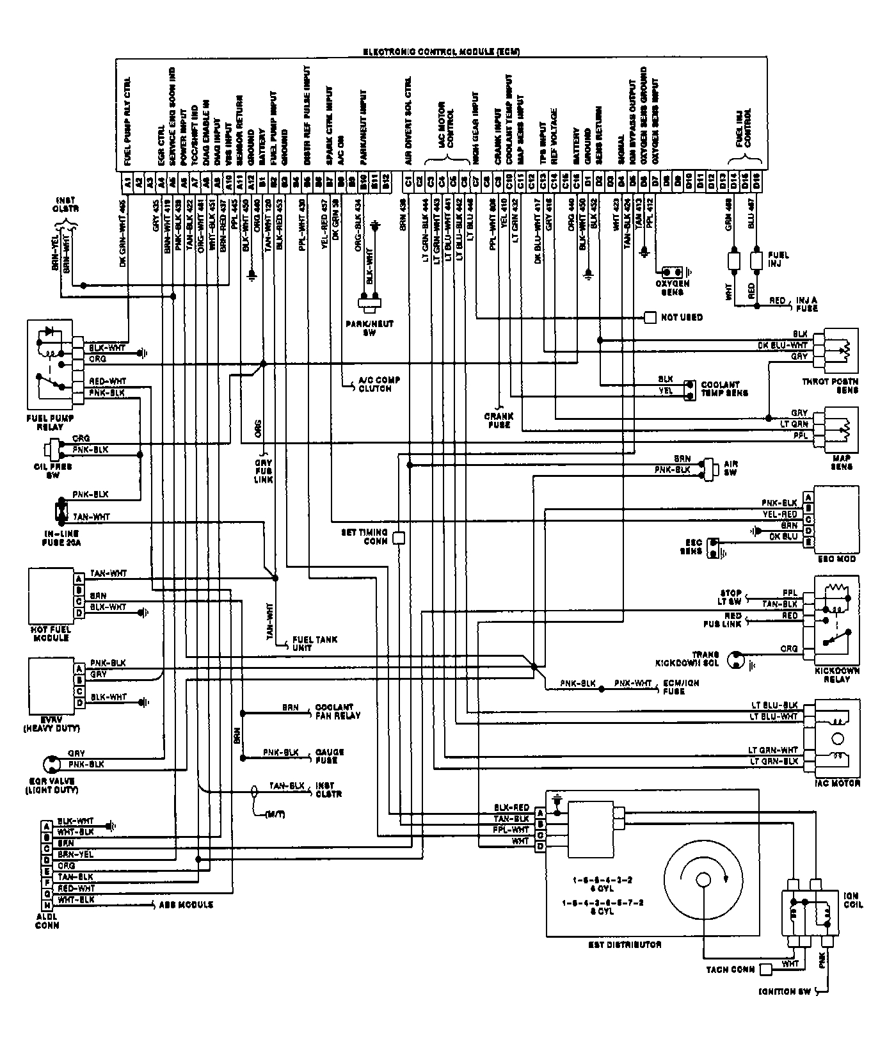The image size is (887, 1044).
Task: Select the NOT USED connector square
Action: (x=650, y=317)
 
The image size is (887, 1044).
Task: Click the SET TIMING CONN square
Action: (x=399, y=538)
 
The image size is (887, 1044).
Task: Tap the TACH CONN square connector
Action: (x=765, y=970)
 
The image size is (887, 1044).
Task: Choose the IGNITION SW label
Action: (x=785, y=992)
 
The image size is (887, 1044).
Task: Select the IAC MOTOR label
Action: (x=837, y=783)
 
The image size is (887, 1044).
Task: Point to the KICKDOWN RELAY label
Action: (x=837, y=674)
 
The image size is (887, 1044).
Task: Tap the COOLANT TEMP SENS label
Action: (x=724, y=389)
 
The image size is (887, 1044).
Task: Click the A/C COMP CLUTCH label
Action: (x=380, y=384)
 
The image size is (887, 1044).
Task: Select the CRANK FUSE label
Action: (x=499, y=421)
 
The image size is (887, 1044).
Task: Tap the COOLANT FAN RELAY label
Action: (x=338, y=712)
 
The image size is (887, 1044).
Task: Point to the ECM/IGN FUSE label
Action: (x=680, y=687)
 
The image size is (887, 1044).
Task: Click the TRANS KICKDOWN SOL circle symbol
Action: (x=737, y=661)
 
